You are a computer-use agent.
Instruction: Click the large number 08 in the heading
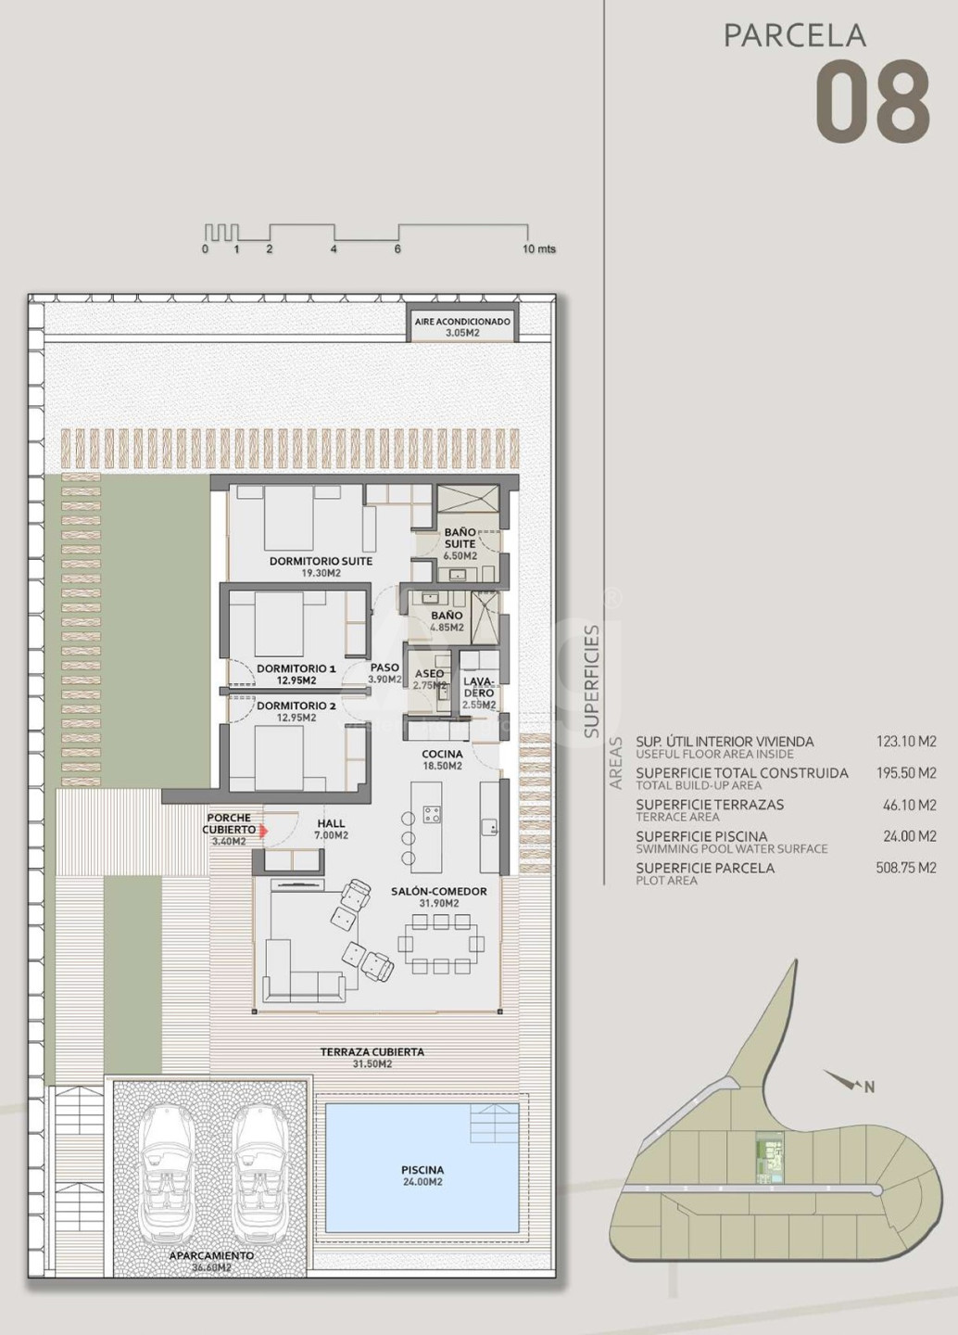tap(872, 101)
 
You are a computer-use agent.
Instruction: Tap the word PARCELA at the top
tap(795, 36)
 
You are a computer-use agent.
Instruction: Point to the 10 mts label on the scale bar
tap(538, 248)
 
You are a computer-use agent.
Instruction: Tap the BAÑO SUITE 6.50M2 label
tap(460, 543)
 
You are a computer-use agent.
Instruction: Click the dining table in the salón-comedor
tap(441, 944)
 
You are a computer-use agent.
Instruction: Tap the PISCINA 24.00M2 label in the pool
tap(422, 1176)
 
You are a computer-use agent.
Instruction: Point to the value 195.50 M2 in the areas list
tap(906, 773)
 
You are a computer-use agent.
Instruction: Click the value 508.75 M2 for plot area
tap(906, 868)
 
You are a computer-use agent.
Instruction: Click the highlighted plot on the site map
tap(770, 1158)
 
